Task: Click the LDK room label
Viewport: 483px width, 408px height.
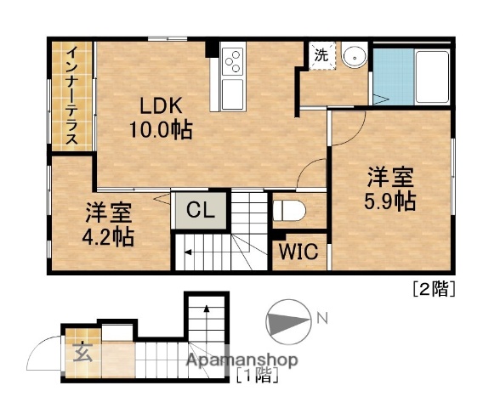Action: [160, 107]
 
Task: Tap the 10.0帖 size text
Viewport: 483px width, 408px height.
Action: [160, 130]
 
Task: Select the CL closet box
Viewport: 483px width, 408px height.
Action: [201, 208]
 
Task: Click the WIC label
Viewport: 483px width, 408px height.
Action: [294, 252]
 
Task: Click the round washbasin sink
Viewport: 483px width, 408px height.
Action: [352, 55]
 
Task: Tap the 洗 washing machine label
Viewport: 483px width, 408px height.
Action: [322, 54]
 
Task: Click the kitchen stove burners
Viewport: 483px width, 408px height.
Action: [232, 61]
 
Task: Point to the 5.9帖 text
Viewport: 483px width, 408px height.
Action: [390, 202]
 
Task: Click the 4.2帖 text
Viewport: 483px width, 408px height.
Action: [107, 235]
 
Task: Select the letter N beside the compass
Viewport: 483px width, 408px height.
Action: [322, 319]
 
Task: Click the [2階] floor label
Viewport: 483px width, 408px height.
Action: [434, 289]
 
